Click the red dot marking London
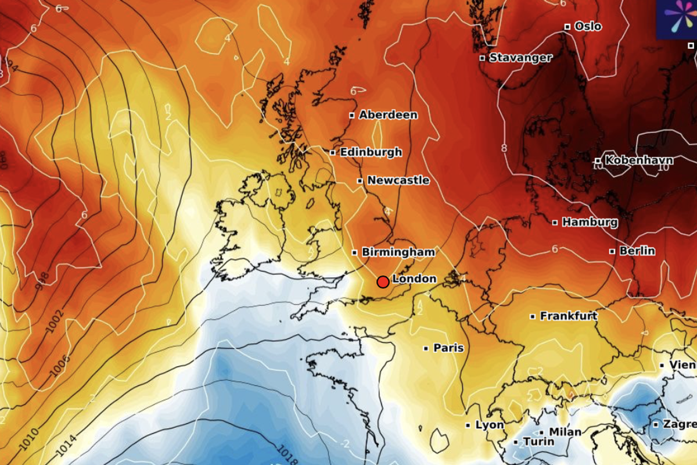click(383, 282)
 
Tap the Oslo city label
click(587, 27)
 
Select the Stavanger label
click(520, 58)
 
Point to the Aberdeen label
click(388, 115)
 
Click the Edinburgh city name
click(371, 152)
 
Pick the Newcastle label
click(398, 181)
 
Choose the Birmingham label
click(398, 252)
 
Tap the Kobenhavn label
click(639, 160)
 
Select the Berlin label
click(637, 251)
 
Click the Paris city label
click(448, 348)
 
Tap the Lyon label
click(489, 425)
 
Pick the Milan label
click(565, 432)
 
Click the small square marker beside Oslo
click(567, 27)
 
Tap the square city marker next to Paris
click(426, 348)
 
